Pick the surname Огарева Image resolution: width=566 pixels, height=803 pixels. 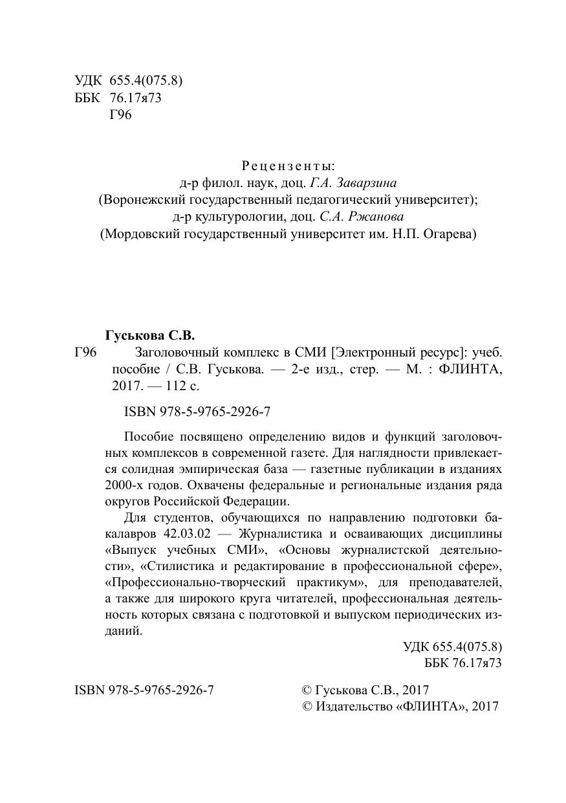[x=451, y=234]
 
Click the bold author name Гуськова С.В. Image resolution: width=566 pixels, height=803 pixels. [x=149, y=336]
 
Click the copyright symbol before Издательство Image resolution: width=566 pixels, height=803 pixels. [x=308, y=707]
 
